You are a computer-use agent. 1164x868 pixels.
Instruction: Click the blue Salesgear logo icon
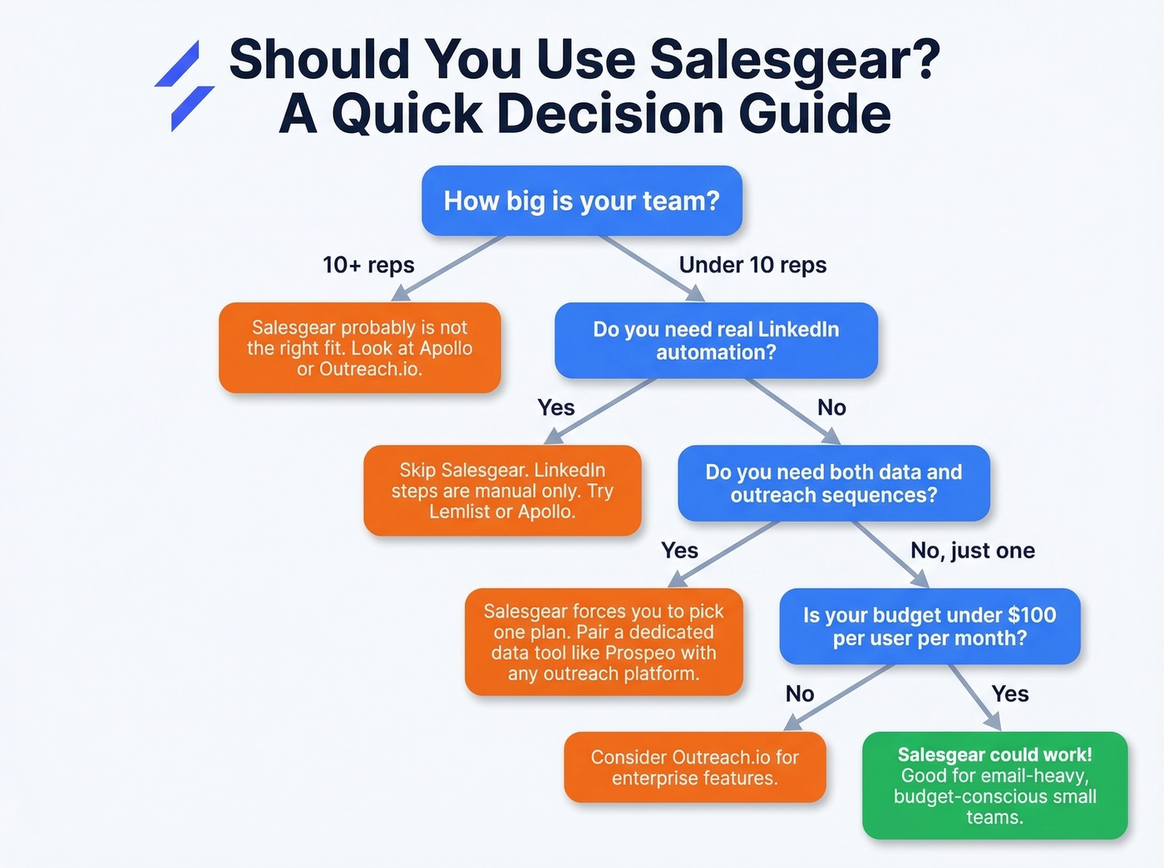(185, 86)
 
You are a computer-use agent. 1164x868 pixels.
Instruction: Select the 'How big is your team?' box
(581, 201)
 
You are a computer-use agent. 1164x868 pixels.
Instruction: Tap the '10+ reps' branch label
(368, 265)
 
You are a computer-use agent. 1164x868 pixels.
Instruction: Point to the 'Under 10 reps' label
(752, 265)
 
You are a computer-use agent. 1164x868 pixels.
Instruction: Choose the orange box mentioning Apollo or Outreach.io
(359, 348)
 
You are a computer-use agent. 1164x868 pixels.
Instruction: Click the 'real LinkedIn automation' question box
(716, 341)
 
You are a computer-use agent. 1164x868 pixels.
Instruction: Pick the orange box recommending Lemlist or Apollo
(502, 491)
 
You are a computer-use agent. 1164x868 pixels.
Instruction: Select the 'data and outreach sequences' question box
(833, 483)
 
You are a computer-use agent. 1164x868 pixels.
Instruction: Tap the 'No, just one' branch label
(972, 551)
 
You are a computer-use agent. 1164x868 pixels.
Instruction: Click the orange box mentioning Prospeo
(604, 642)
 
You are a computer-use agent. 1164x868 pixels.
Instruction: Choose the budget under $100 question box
(930, 627)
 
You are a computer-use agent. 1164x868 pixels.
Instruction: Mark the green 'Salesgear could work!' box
(994, 785)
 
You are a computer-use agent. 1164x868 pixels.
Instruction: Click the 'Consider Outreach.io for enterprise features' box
(694, 767)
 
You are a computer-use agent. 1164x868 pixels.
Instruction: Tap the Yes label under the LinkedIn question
(555, 408)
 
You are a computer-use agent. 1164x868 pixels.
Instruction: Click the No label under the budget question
(799, 694)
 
